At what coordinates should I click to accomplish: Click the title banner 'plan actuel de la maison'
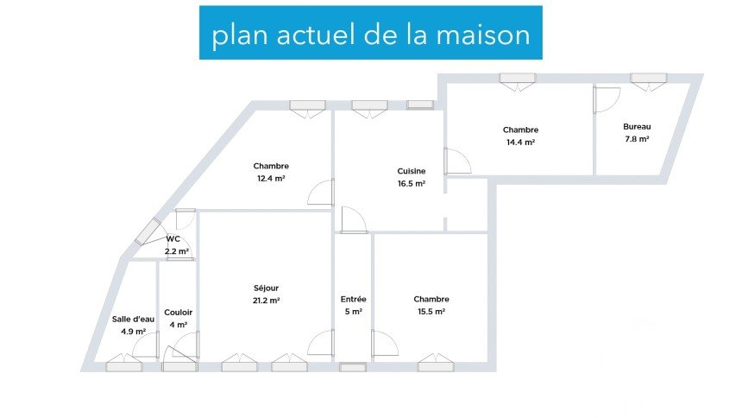tap(371, 35)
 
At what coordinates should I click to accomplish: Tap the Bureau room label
tap(637, 126)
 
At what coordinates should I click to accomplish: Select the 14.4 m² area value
tap(520, 142)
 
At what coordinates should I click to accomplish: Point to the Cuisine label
tap(412, 171)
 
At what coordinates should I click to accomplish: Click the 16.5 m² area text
tap(412, 183)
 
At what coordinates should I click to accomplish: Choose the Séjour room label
tap(267, 288)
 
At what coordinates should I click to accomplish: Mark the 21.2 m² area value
tap(267, 301)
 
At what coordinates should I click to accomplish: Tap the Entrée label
tap(354, 299)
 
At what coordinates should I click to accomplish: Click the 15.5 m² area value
tap(430, 312)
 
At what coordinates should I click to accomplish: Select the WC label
tap(173, 239)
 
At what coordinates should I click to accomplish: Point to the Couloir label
tap(179, 313)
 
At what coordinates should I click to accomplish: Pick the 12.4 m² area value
tap(271, 179)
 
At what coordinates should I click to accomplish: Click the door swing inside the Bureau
tap(607, 100)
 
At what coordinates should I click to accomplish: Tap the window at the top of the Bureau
tap(648, 79)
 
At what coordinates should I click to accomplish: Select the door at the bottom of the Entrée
tap(353, 367)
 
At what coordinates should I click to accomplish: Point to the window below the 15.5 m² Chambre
tap(436, 367)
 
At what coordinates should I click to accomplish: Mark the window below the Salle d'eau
tap(123, 367)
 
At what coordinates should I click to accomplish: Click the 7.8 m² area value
tap(637, 138)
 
